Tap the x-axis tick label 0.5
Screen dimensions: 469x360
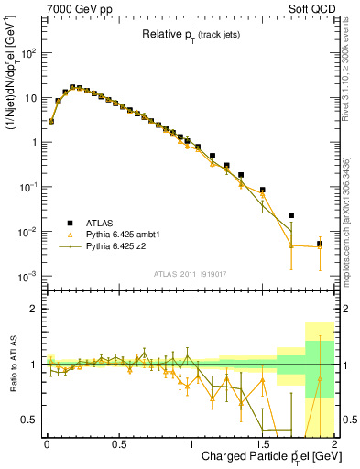point(118,443)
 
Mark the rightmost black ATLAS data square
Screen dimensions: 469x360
point(320,244)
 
